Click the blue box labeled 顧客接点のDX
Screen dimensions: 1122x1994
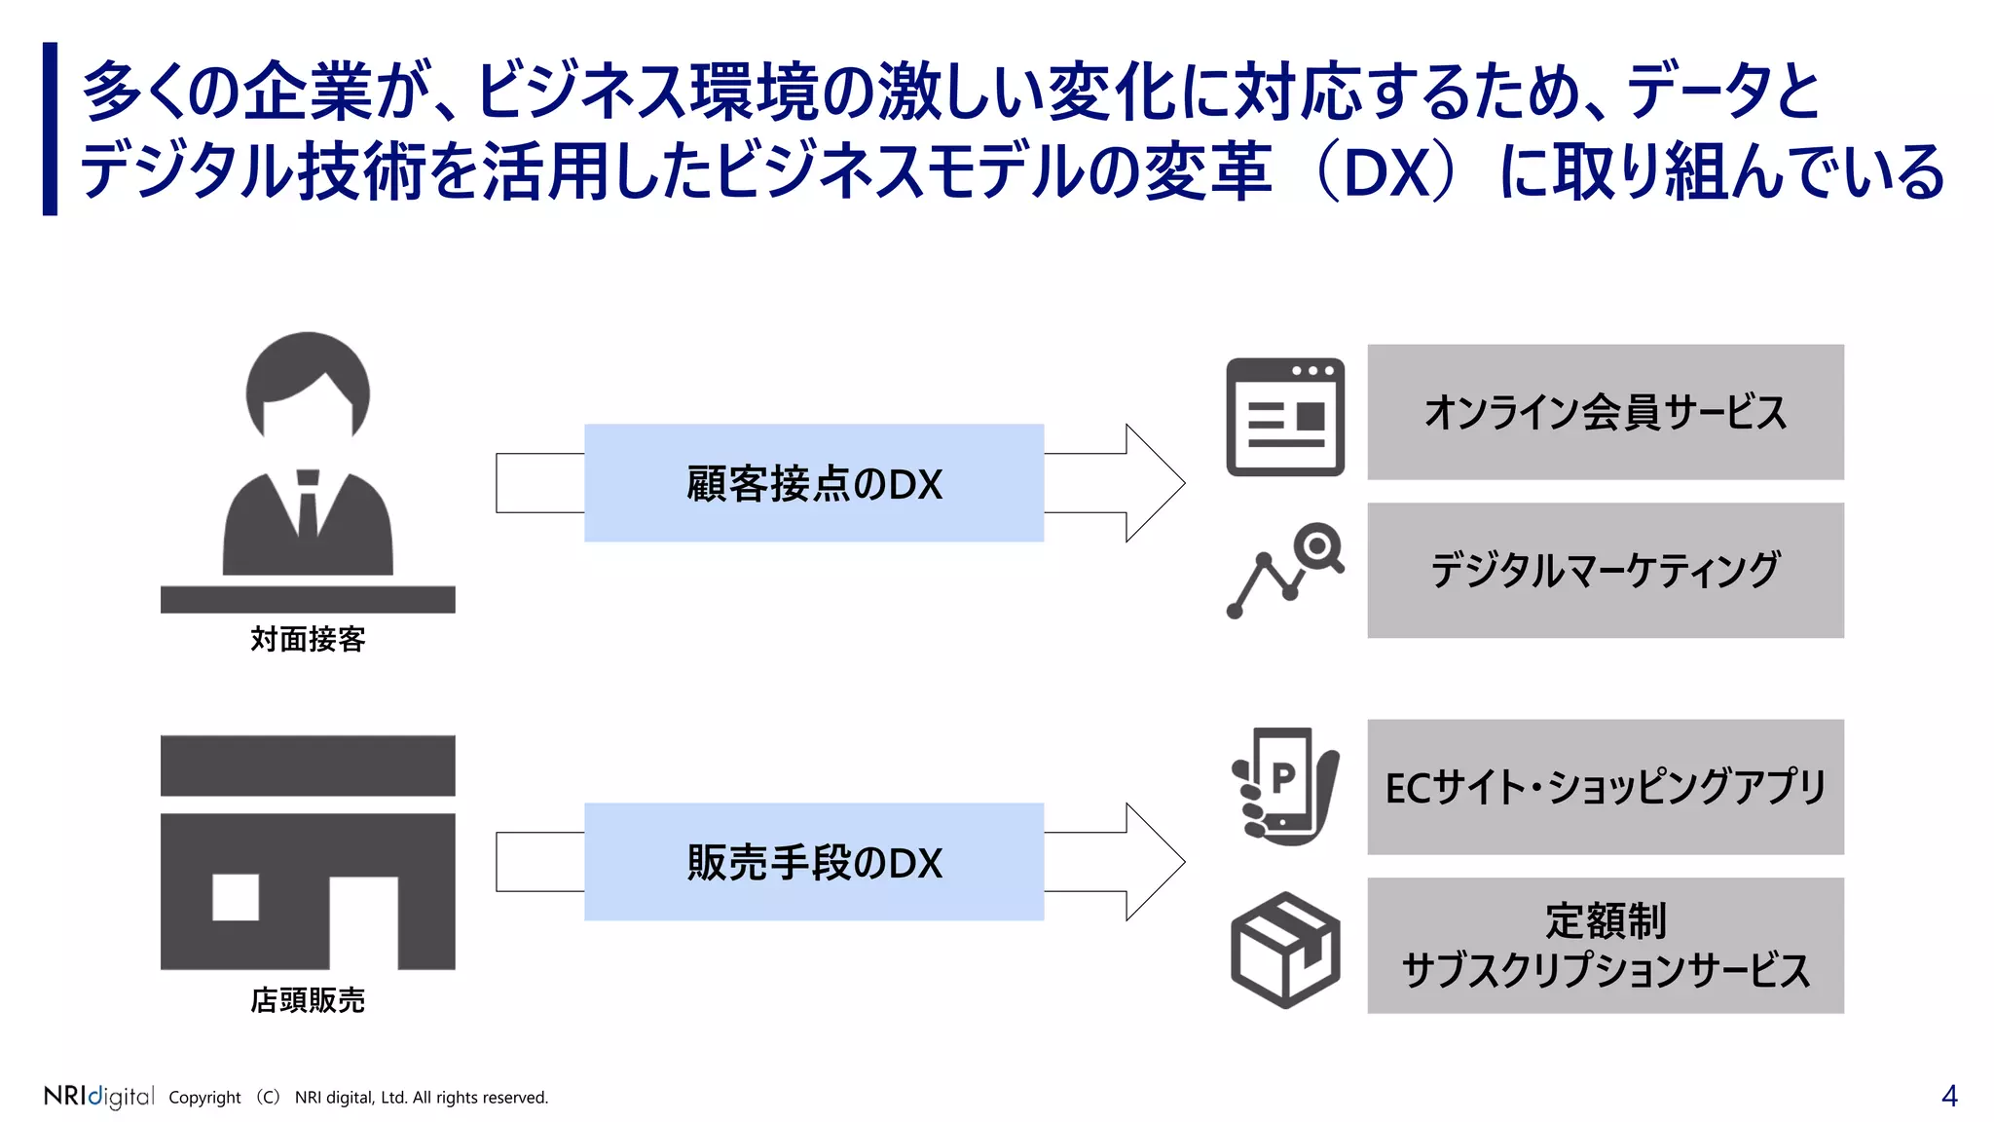pos(814,483)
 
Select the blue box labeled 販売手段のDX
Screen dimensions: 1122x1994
pos(814,862)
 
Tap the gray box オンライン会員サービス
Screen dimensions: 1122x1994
pos(1605,412)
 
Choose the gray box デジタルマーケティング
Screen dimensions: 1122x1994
pos(1605,571)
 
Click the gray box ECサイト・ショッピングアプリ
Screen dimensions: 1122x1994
pos(1605,787)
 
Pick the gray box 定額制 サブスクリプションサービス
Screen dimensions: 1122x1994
pos(1605,946)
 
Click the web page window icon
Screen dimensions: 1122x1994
pos(1285,417)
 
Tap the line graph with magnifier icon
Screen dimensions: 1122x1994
pos(1285,571)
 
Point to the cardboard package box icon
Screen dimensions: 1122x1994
pos(1285,950)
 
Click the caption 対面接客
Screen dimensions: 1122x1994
pos(308,640)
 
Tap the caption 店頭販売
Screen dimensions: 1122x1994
pos(308,1000)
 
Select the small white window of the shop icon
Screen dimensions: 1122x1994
pos(236,897)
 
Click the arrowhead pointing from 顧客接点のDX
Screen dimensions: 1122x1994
pos(1154,483)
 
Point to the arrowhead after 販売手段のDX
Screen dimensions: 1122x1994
pos(1154,862)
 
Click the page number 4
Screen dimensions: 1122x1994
pos(1948,1097)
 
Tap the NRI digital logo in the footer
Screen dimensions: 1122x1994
pos(98,1097)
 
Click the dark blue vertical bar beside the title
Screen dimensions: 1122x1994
pos(51,129)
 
